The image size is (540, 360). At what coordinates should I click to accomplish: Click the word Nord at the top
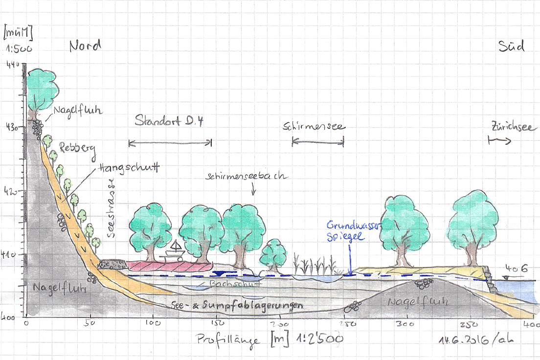click(85, 46)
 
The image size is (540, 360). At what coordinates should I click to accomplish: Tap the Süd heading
click(512, 46)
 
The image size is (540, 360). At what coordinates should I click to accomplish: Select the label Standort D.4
click(169, 120)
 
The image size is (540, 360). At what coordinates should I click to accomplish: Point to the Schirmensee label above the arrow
click(314, 127)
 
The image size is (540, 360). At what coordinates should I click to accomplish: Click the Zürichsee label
click(511, 127)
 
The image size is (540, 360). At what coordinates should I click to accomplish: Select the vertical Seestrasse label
click(111, 208)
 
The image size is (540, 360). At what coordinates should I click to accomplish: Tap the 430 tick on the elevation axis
click(11, 126)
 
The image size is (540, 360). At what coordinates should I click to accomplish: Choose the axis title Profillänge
click(228, 339)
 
